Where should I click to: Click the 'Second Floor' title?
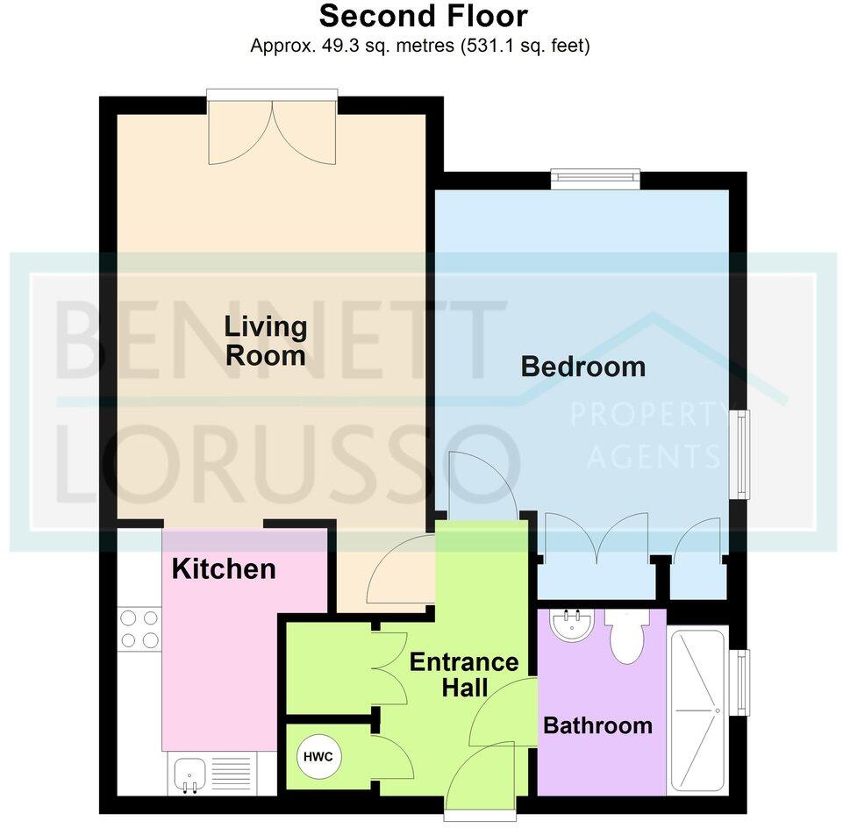pyautogui.click(x=423, y=16)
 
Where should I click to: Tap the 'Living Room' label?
pyautogui.click(x=266, y=341)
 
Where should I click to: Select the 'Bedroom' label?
pyautogui.click(x=583, y=367)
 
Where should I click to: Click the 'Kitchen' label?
pyautogui.click(x=224, y=569)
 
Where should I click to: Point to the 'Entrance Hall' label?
pyautogui.click(x=465, y=675)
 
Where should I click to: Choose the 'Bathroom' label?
pyautogui.click(x=598, y=726)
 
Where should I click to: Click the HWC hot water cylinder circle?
pyautogui.click(x=318, y=756)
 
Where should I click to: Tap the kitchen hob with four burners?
pyautogui.click(x=139, y=629)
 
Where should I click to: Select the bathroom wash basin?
pyautogui.click(x=572, y=625)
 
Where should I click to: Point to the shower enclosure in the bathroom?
pyautogui.click(x=698, y=710)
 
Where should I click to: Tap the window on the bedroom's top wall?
pyautogui.click(x=596, y=179)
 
